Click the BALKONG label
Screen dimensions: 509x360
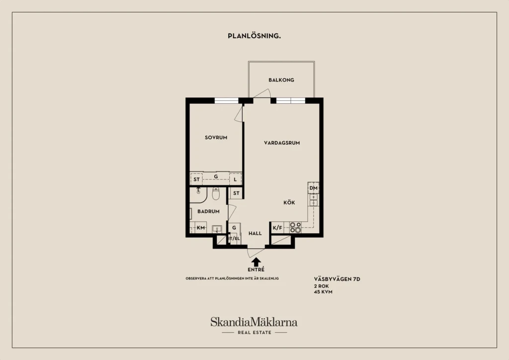click(281, 80)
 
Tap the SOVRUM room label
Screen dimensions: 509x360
click(216, 138)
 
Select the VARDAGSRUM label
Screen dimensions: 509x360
click(282, 143)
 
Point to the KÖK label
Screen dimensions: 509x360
click(289, 202)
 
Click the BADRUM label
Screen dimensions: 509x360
click(208, 211)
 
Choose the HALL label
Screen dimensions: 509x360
click(255, 233)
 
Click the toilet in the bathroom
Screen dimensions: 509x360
click(216, 193)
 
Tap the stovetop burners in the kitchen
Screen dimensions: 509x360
click(295, 228)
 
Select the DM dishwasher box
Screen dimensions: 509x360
click(313, 188)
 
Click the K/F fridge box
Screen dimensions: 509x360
click(277, 228)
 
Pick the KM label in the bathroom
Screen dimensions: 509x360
click(201, 228)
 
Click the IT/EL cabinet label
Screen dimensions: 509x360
click(234, 239)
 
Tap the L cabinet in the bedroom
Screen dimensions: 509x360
click(235, 179)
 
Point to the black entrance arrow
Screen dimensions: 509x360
click(256, 262)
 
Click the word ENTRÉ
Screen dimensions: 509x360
click(256, 270)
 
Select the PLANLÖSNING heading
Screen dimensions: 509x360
click(254, 36)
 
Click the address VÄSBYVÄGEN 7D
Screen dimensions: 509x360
click(337, 279)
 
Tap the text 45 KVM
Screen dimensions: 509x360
click(323, 292)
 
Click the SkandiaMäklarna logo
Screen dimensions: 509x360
click(254, 322)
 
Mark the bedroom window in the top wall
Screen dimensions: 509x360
click(227, 100)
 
